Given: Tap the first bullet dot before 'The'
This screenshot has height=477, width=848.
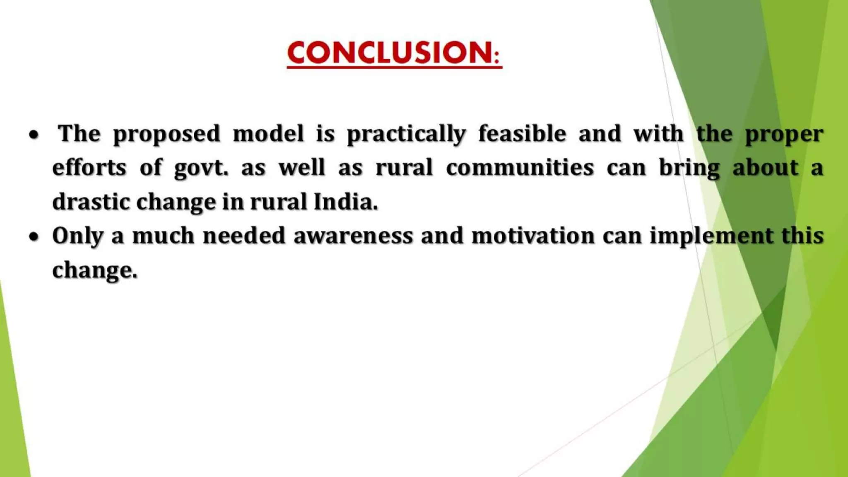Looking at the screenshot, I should (34, 135).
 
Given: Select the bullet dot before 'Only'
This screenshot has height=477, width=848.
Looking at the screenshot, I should (34, 237).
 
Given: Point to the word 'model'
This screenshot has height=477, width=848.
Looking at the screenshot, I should (268, 134).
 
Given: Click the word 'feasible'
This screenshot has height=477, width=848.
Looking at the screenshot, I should (522, 134).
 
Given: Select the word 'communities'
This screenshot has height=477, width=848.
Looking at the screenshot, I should (520, 168).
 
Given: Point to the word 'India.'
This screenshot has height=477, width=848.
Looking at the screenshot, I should (346, 202).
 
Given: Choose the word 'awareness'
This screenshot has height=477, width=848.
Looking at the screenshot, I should (353, 236).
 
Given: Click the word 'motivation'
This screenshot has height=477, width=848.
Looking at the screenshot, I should (533, 236).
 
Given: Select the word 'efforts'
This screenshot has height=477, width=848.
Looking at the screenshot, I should (89, 168).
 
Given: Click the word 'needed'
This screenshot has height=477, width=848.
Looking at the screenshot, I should (244, 236).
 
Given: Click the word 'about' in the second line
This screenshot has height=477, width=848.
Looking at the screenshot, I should (765, 168).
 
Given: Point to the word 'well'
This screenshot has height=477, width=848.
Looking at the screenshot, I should (301, 168).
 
